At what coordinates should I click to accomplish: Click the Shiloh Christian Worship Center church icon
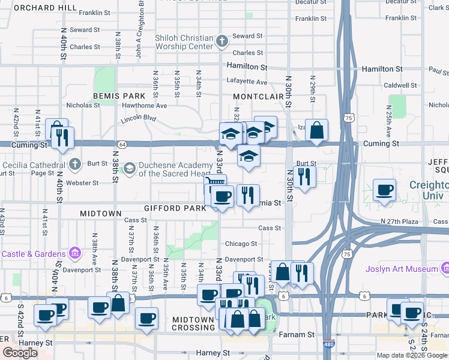221,41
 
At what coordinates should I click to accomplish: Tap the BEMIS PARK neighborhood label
119,95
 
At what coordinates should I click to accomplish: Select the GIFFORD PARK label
170,208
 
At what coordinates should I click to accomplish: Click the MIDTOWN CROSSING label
193,323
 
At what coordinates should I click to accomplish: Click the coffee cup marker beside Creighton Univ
385,190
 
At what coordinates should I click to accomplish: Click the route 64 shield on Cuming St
122,145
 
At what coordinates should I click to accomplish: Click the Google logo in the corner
20,353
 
